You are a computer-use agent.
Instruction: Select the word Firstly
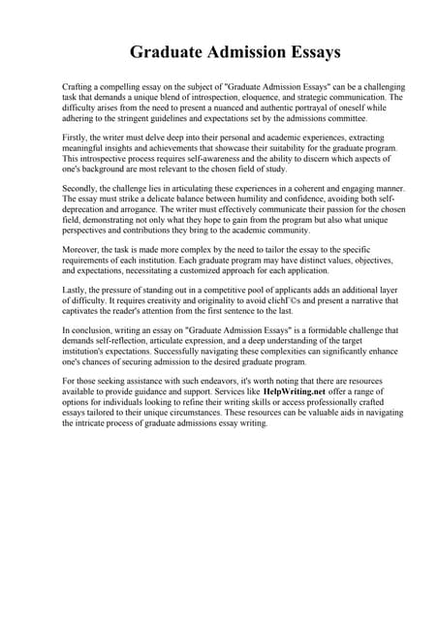click(76, 139)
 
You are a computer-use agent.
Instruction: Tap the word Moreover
click(82, 250)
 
